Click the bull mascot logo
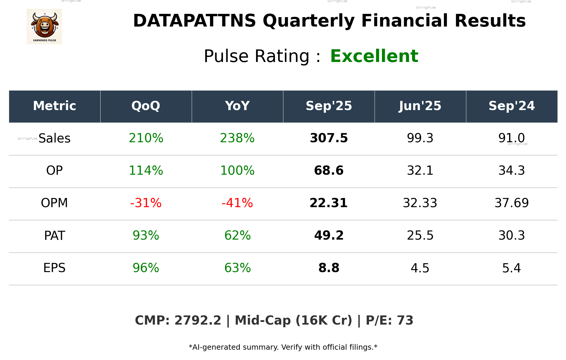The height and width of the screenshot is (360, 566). click(44, 27)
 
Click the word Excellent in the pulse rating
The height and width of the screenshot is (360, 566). click(374, 56)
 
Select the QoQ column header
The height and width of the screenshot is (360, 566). click(146, 106)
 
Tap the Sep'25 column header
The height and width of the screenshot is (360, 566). click(329, 106)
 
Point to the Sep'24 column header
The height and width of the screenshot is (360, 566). click(511, 106)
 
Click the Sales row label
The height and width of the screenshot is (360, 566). click(55, 138)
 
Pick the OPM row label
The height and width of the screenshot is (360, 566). click(54, 203)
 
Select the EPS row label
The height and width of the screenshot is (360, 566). click(54, 268)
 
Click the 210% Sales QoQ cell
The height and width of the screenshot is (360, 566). click(146, 138)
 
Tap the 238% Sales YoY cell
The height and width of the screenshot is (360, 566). click(237, 138)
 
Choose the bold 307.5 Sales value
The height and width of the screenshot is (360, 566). click(329, 138)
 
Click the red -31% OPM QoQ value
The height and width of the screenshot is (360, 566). click(146, 203)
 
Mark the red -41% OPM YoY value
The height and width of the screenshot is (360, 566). click(237, 203)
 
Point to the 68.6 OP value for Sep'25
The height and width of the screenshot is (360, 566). click(329, 171)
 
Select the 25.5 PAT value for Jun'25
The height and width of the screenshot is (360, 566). click(420, 235)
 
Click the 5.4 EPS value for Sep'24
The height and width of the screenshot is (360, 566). click(511, 268)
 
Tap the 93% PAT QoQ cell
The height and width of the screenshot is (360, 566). click(146, 235)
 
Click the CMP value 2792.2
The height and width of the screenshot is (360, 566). click(198, 320)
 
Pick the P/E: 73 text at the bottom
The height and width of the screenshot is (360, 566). click(389, 320)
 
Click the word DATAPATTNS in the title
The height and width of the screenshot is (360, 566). click(194, 21)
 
